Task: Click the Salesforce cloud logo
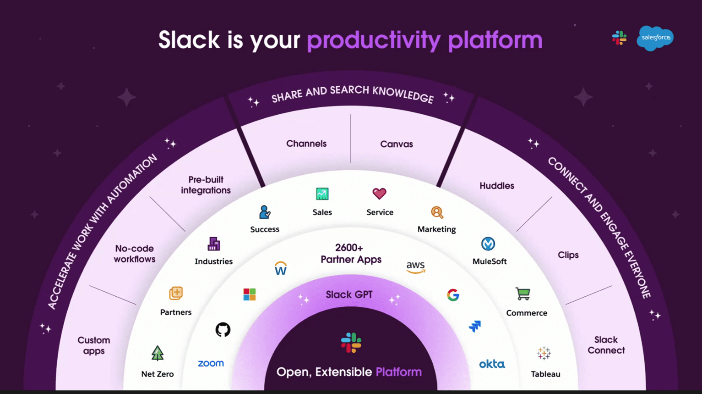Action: click(x=655, y=38)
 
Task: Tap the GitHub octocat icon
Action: click(x=223, y=330)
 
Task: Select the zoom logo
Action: click(x=211, y=363)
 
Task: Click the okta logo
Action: click(x=492, y=364)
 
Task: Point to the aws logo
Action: click(x=415, y=267)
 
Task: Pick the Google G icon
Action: click(x=453, y=295)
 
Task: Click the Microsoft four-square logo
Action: click(x=250, y=294)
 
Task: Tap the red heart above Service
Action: click(x=379, y=194)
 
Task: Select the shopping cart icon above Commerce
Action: click(x=523, y=294)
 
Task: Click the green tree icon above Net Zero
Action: click(x=158, y=353)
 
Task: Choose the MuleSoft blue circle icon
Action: click(x=488, y=244)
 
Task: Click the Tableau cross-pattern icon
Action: click(x=544, y=353)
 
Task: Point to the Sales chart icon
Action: click(x=322, y=194)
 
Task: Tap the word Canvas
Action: click(x=397, y=144)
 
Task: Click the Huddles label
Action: click(x=497, y=186)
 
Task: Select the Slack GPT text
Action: click(x=349, y=294)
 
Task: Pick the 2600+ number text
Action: click(x=349, y=248)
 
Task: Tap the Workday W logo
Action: click(x=281, y=268)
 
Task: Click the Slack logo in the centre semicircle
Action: click(x=351, y=343)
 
